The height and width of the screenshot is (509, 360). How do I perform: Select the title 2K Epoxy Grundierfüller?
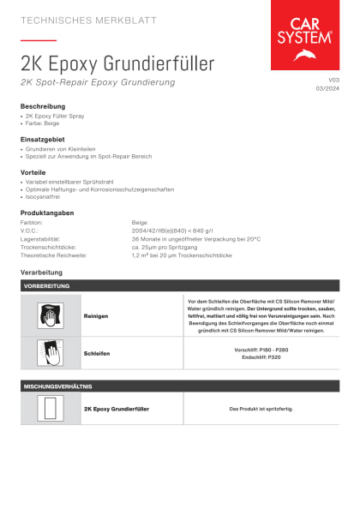(117, 63)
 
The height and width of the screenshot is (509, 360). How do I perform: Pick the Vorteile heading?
(35, 171)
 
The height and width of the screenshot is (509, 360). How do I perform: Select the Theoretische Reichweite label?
(55, 255)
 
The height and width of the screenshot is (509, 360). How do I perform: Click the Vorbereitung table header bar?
(180, 285)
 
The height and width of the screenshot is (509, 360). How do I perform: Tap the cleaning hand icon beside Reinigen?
(51, 315)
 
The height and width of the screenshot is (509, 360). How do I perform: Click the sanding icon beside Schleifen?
(51, 352)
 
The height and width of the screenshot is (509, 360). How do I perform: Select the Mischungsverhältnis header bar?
(180, 386)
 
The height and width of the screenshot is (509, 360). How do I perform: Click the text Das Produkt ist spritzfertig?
(261, 409)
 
